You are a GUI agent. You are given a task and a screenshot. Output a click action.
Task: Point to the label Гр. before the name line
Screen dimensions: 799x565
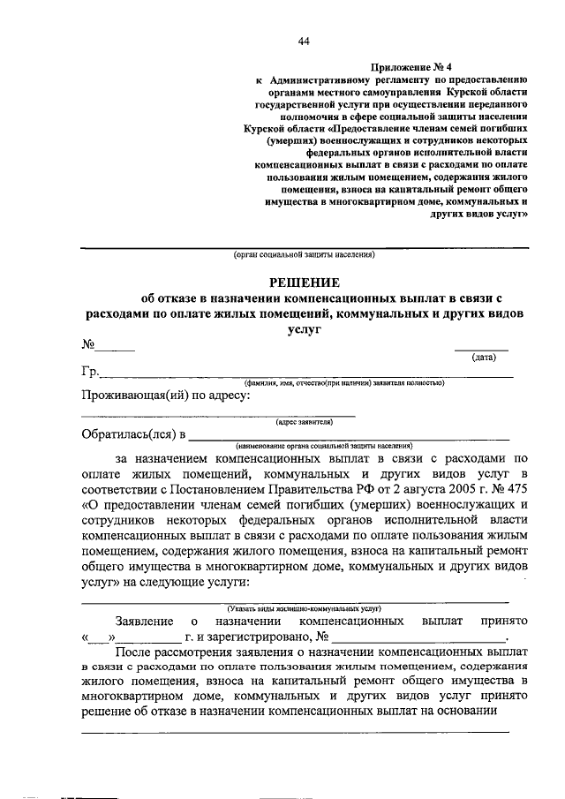(x=88, y=372)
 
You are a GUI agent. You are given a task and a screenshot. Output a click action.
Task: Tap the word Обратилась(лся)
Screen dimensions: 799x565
(x=127, y=434)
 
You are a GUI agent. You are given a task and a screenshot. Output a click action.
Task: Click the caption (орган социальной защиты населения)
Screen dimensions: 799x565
(x=304, y=257)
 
